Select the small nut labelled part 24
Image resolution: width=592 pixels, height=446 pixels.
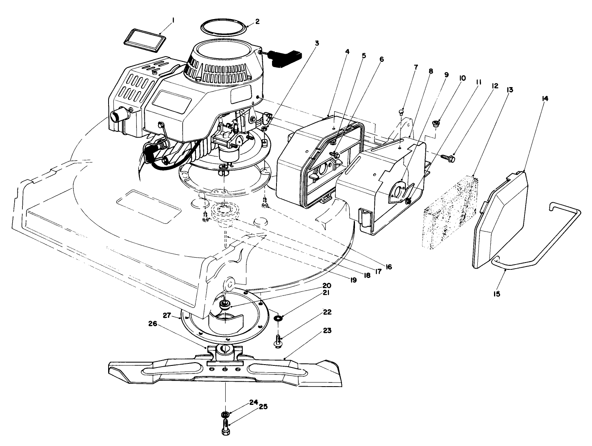pyautogui.click(x=224, y=414)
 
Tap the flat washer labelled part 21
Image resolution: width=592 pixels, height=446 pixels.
pyautogui.click(x=278, y=318)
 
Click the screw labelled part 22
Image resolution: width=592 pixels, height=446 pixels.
pyautogui.click(x=278, y=341)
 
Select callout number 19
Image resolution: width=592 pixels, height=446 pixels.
pyautogui.click(x=353, y=280)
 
